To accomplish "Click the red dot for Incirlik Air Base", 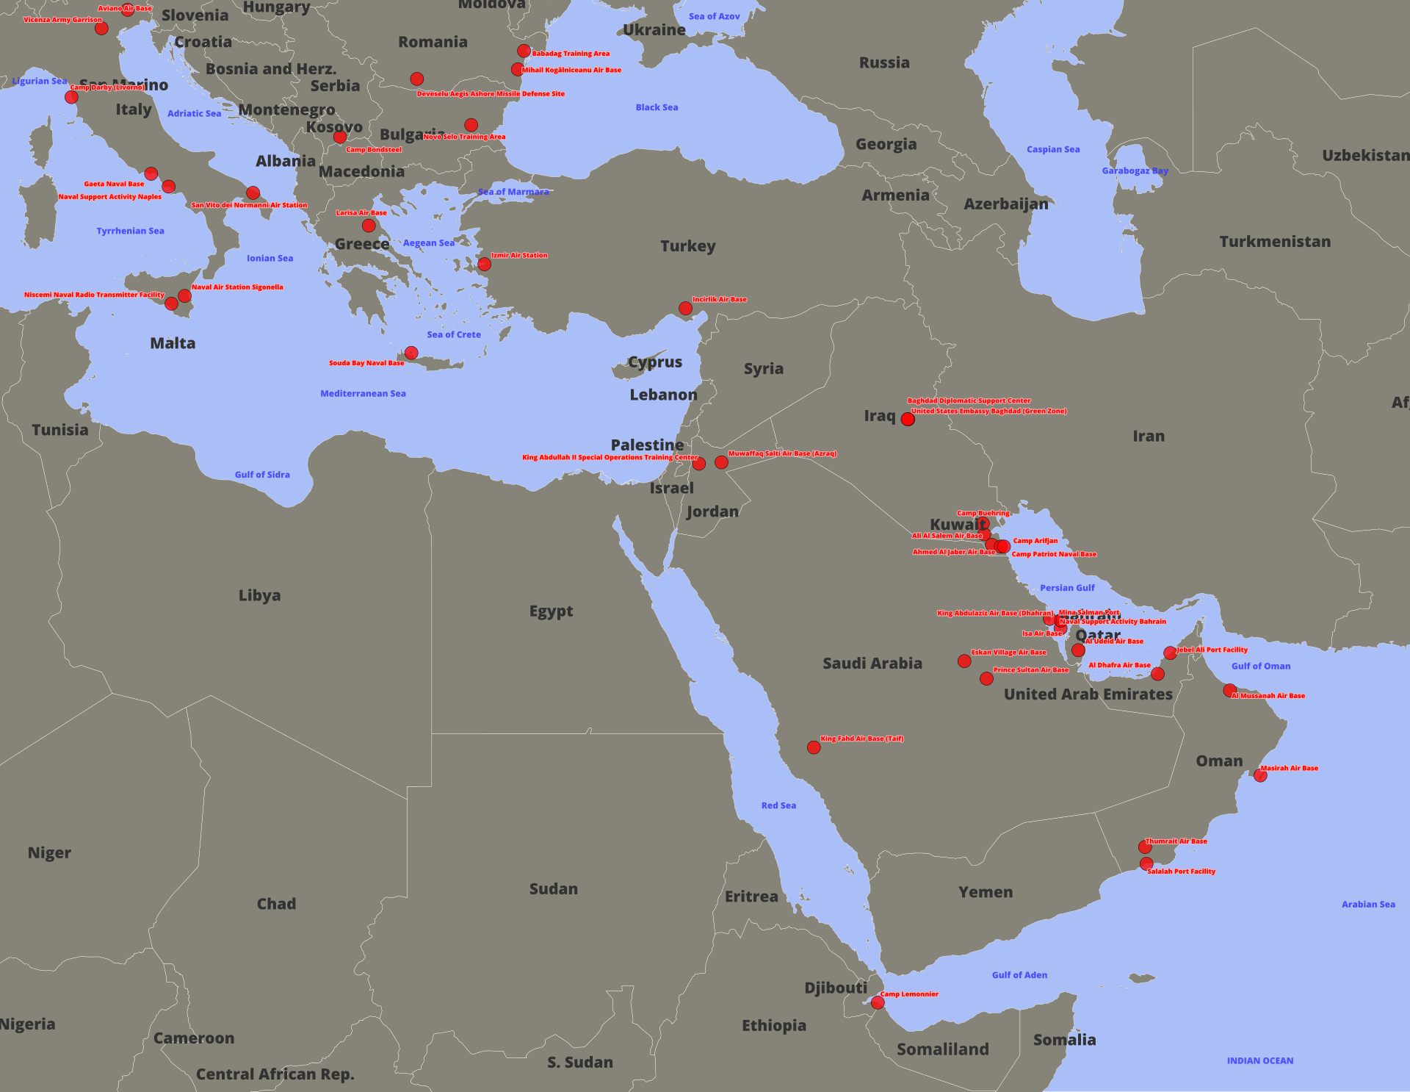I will [685, 309].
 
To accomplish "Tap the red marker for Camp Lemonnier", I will [878, 1002].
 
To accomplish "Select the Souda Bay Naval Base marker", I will [411, 353].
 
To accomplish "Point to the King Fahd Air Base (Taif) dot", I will [814, 747].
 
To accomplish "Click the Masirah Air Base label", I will [1290, 768].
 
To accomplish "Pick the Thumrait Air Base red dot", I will [1145, 847].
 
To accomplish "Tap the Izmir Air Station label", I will [519, 255].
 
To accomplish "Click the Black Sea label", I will [657, 107].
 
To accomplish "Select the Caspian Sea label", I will [1053, 149].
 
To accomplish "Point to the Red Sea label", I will [778, 805].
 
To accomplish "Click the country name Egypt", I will [551, 611].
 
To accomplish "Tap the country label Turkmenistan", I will [1275, 242].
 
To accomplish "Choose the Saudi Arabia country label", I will [872, 664].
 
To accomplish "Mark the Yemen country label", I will [986, 892].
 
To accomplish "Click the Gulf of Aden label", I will [1019, 975].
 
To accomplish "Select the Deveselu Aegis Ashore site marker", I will [417, 79].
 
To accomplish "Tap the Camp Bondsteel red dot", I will [339, 137].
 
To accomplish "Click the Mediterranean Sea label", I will [363, 394].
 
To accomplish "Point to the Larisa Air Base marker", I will [369, 226].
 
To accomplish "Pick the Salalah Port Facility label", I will [1181, 872].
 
